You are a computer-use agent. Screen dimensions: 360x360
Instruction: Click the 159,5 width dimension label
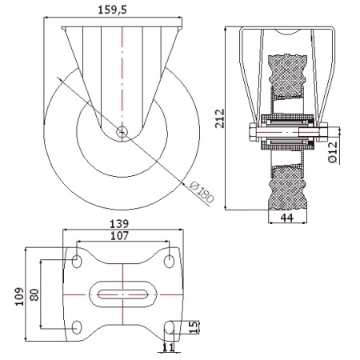tap(112, 10)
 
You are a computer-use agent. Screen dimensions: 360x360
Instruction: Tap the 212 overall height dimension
tap(220, 118)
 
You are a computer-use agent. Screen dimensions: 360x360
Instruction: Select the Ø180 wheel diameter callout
tap(202, 192)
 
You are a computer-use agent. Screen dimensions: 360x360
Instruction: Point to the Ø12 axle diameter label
tap(333, 152)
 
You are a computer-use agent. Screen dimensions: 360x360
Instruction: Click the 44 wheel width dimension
tap(287, 218)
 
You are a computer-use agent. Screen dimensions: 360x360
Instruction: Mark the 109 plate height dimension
tap(20, 297)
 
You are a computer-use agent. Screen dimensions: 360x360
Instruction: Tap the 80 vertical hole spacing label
tap(34, 294)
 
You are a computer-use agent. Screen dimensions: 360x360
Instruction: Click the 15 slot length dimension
tap(195, 326)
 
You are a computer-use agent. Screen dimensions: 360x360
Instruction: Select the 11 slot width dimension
tap(168, 347)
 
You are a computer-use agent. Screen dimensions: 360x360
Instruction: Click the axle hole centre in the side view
tap(122, 131)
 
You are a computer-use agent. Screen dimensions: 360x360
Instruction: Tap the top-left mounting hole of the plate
tap(77, 261)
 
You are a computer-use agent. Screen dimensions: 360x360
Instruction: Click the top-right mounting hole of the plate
tap(169, 261)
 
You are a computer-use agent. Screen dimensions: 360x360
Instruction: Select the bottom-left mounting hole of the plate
tap(77, 327)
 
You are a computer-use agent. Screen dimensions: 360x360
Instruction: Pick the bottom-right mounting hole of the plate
tap(169, 327)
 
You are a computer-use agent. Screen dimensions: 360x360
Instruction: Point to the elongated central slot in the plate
tap(123, 294)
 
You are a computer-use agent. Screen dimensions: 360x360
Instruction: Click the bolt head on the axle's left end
tap(253, 132)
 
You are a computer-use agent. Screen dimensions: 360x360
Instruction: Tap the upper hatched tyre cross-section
tap(287, 76)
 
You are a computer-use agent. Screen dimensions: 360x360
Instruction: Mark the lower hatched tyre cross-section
tap(287, 187)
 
